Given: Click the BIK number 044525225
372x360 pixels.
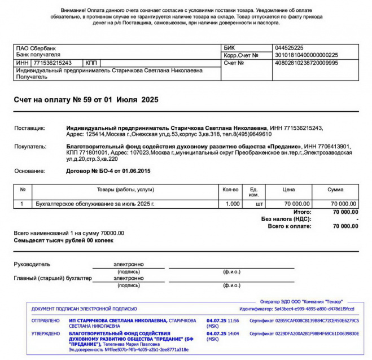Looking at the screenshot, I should click(289, 48).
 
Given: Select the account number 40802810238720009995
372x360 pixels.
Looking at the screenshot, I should click(305, 63).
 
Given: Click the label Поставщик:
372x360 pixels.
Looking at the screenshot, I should click(29, 129).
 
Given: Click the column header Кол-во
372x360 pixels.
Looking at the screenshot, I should click(231, 190).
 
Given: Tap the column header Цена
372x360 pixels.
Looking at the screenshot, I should click(288, 190).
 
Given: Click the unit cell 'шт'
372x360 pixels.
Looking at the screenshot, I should click(260, 203).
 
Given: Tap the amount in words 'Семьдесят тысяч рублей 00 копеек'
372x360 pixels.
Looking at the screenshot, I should click(63, 240).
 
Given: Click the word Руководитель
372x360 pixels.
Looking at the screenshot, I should click(32, 264).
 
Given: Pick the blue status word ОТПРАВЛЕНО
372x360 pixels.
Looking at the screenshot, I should click(45, 321).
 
